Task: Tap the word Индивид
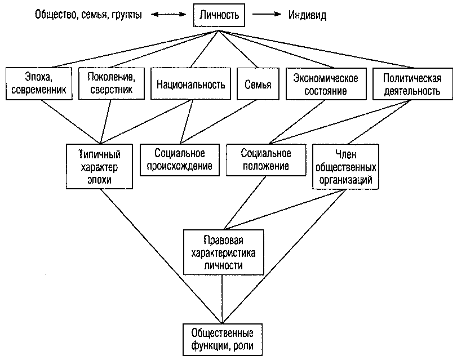tap(307, 15)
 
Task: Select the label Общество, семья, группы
tap(88, 15)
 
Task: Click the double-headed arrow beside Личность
tap(168, 14)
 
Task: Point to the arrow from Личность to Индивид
tap(267, 14)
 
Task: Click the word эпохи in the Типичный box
tap(99, 180)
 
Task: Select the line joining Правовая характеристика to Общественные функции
tap(223, 299)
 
